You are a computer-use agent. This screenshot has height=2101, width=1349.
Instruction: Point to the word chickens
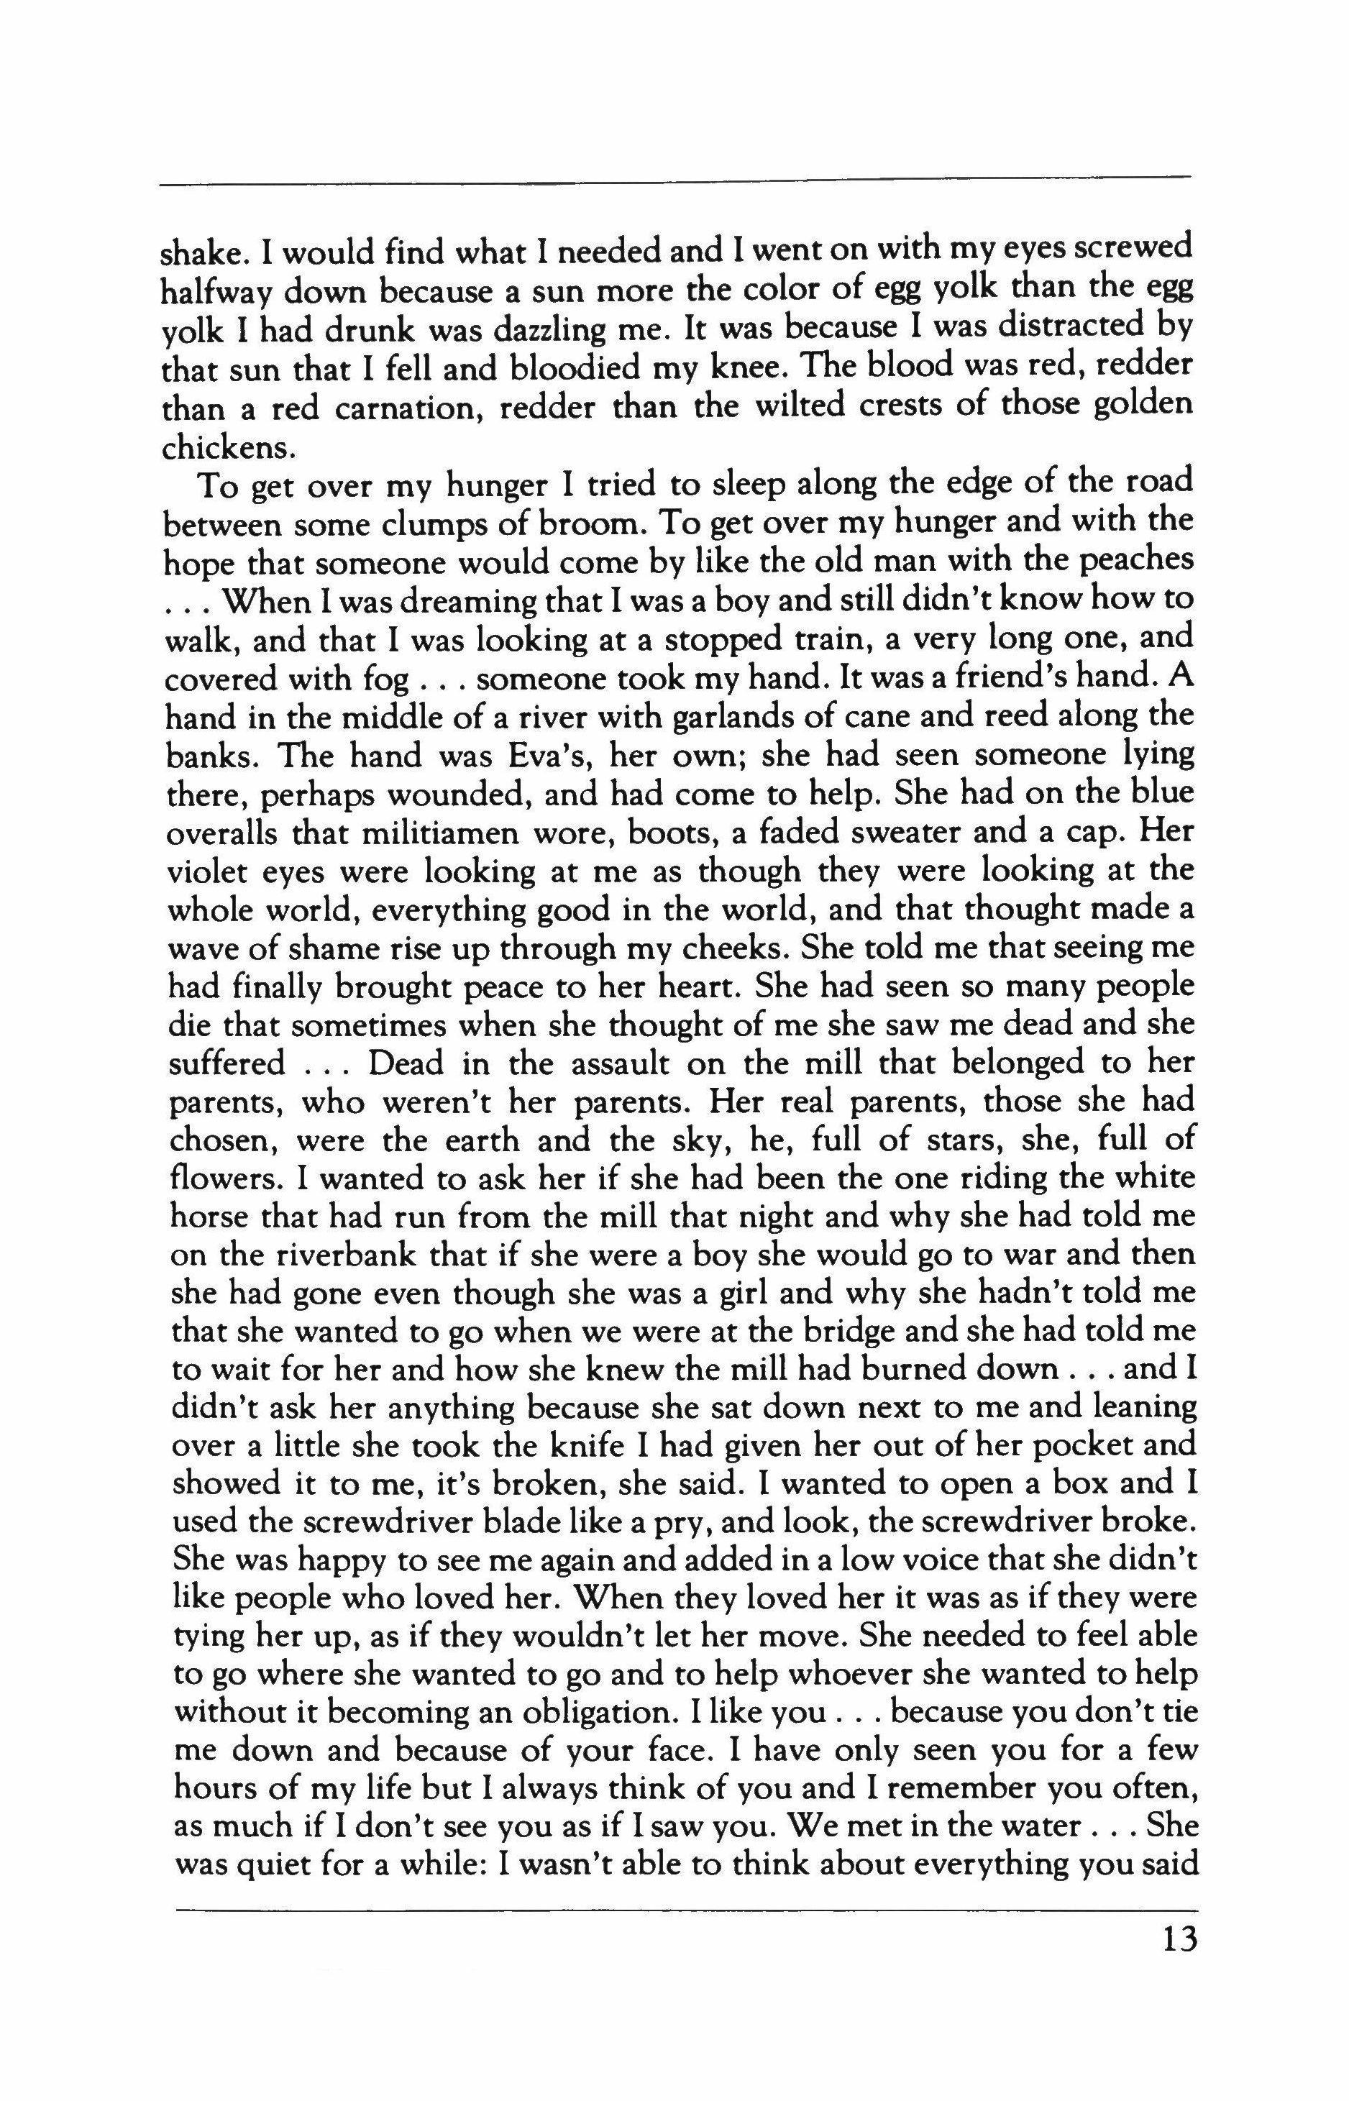[224, 447]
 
